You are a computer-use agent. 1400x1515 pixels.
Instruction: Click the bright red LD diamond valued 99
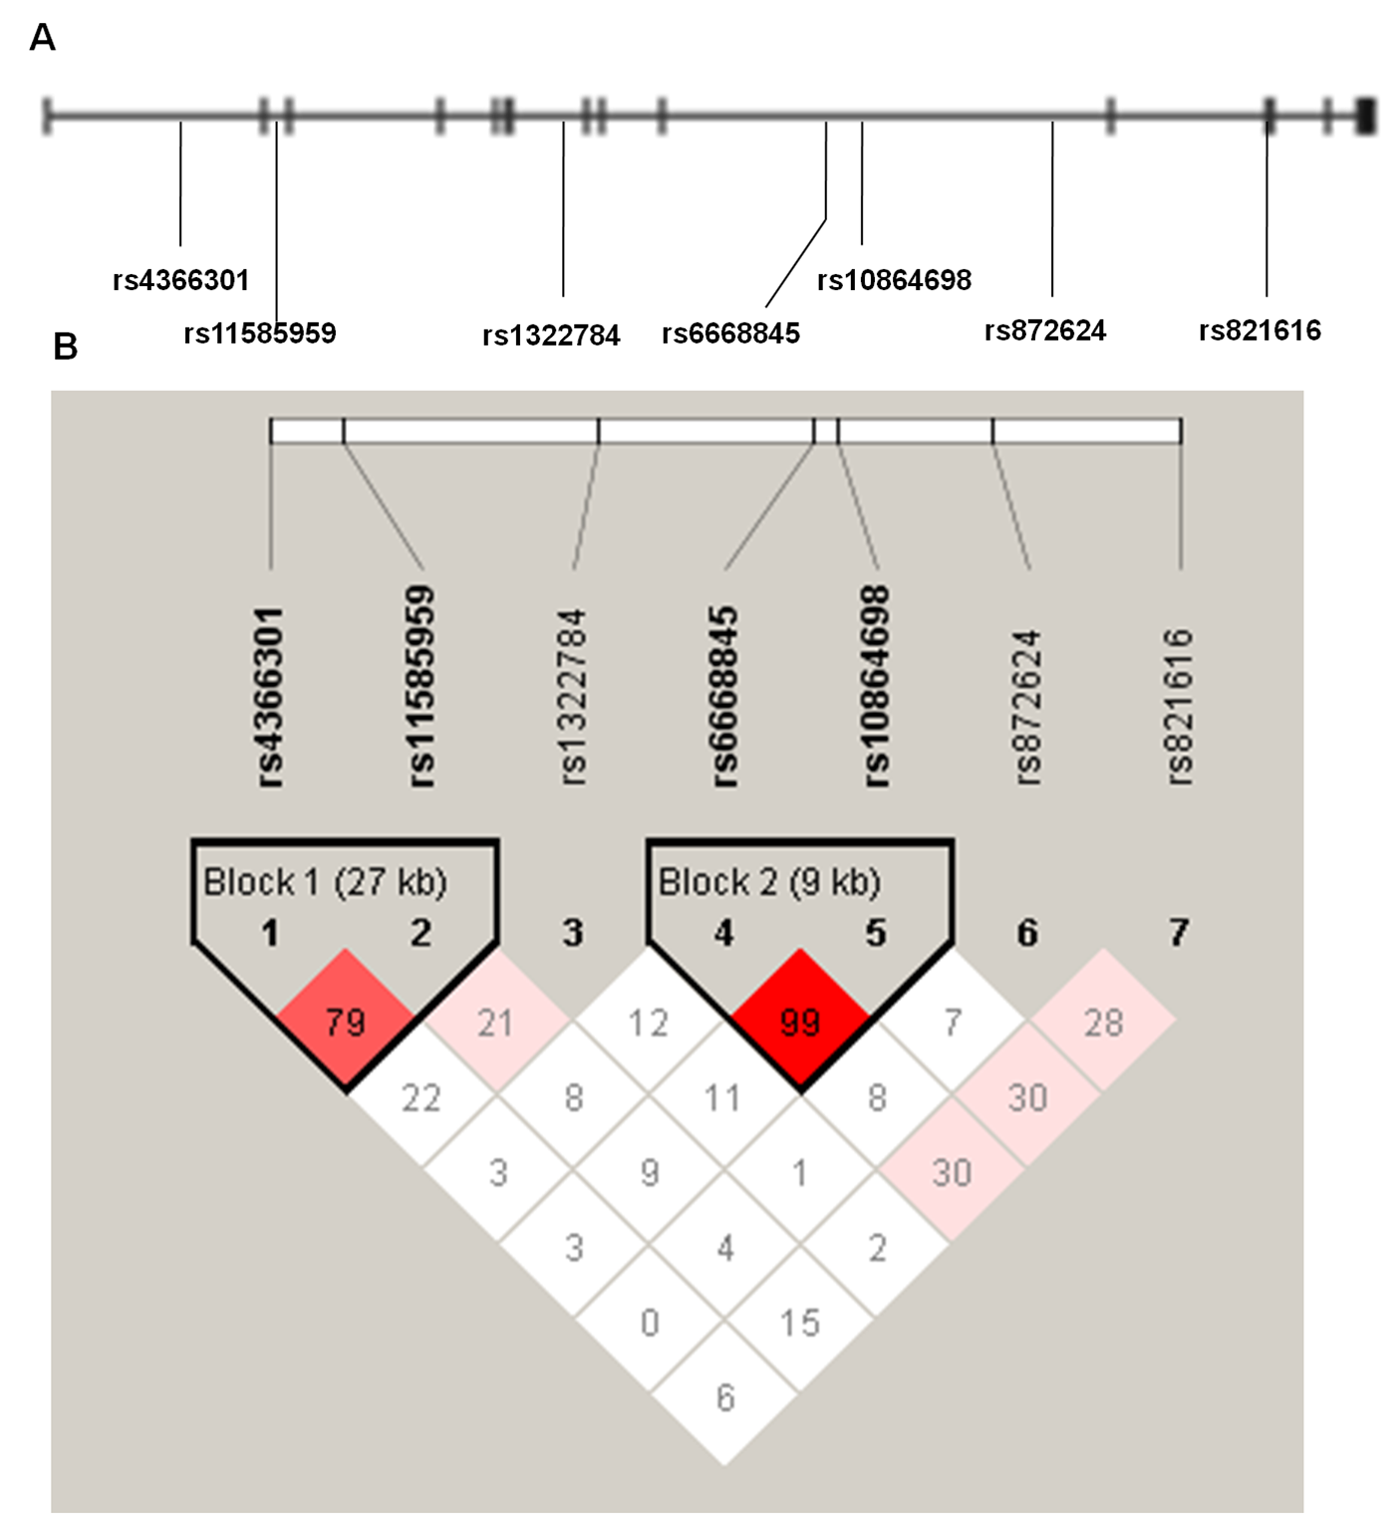click(800, 1021)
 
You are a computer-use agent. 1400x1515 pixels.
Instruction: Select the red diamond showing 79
click(346, 1021)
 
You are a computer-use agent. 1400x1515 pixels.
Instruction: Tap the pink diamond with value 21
click(497, 1021)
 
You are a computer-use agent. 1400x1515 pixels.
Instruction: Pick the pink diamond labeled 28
click(1104, 1021)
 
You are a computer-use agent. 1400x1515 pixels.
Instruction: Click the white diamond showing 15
click(800, 1322)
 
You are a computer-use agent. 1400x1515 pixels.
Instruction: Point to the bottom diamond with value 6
click(724, 1396)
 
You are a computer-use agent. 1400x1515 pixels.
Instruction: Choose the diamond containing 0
click(649, 1322)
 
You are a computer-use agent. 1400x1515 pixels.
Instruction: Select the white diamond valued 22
click(421, 1096)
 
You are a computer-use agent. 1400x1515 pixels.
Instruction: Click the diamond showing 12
click(649, 1021)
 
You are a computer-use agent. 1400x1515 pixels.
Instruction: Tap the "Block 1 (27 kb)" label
click(325, 882)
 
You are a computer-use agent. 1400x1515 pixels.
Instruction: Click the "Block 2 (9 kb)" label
click(769, 882)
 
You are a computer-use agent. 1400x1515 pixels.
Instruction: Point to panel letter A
click(42, 38)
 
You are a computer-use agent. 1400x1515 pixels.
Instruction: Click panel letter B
click(65, 346)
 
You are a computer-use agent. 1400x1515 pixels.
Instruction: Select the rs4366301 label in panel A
click(180, 280)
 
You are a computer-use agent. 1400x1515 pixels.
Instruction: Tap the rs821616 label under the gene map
click(1260, 330)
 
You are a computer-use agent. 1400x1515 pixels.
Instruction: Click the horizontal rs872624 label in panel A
click(1045, 330)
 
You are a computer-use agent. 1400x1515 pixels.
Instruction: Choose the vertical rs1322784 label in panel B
click(574, 697)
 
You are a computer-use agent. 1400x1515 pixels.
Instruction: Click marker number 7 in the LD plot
click(1179, 933)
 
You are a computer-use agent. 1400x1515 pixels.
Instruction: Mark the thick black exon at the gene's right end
click(1366, 116)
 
